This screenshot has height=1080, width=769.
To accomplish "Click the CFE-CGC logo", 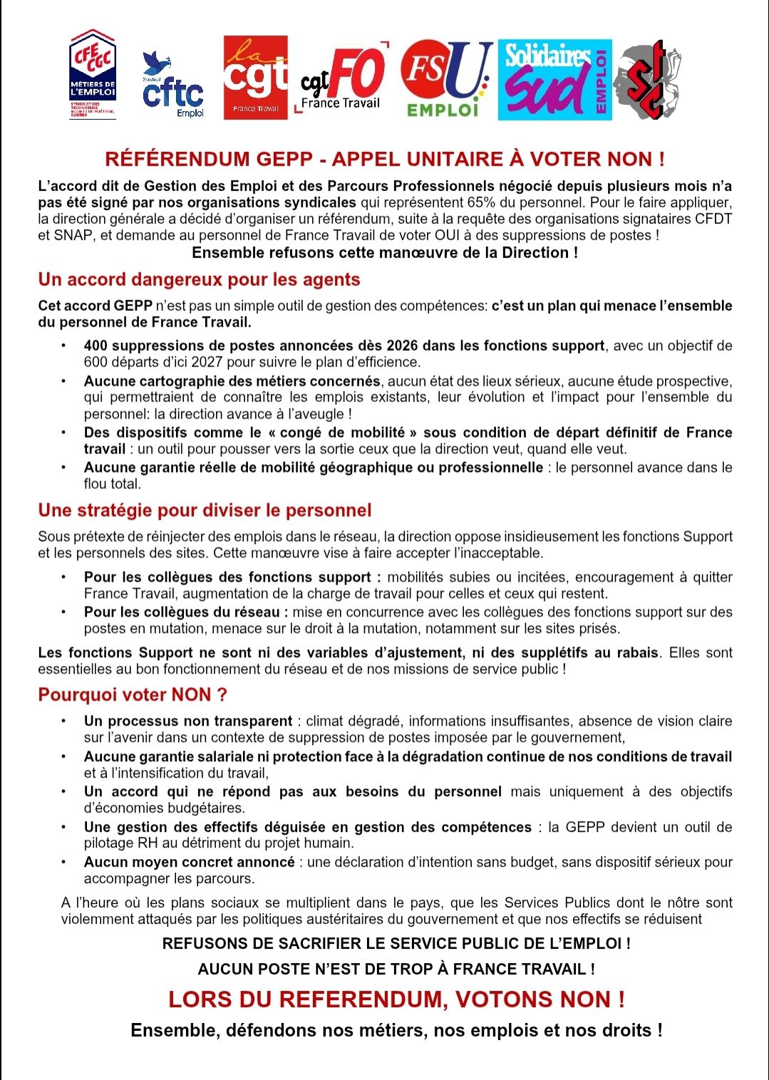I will [x=93, y=74].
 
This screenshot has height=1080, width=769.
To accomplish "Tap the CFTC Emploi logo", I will [x=173, y=86].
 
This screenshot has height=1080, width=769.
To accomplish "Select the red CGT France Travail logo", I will [x=255, y=78].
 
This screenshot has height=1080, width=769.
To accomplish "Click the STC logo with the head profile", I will [x=647, y=79].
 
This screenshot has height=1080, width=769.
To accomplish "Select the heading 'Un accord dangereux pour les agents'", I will [x=199, y=279].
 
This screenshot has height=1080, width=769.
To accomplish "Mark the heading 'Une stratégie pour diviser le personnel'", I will [x=205, y=510].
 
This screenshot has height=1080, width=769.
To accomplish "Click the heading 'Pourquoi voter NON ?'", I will [x=133, y=695].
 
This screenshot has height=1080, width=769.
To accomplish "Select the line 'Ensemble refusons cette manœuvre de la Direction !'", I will [x=385, y=252].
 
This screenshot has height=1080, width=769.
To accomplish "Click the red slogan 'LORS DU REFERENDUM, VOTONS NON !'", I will [x=396, y=999].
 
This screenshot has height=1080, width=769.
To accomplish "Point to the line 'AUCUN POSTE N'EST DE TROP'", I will [x=396, y=970].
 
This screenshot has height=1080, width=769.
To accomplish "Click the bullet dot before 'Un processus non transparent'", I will [x=64, y=721].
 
